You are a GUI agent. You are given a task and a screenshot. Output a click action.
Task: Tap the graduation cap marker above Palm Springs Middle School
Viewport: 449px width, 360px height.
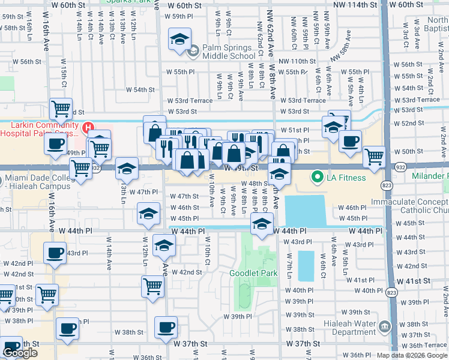pos(179,40)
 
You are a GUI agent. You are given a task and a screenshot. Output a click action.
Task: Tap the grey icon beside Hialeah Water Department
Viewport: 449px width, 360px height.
pos(385,326)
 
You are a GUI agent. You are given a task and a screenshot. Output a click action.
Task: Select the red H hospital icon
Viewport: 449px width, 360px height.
pos(88,127)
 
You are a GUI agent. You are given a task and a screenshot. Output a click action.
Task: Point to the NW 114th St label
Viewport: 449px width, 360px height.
pos(358,5)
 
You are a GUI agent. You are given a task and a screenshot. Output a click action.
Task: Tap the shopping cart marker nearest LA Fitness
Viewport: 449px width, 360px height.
pos(375,156)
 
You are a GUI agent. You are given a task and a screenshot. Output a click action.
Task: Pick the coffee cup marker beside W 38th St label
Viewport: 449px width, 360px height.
pos(166,328)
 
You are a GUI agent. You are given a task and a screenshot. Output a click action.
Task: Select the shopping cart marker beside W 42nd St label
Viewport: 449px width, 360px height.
pos(153,286)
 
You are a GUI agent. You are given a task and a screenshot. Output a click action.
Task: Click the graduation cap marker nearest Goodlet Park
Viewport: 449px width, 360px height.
pos(261,224)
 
